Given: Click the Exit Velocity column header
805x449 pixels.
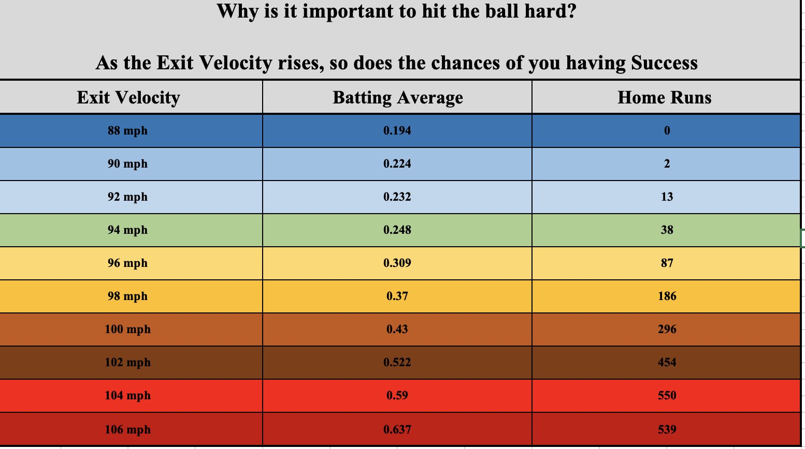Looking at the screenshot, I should tap(128, 97).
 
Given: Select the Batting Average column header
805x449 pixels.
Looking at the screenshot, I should tap(397, 97).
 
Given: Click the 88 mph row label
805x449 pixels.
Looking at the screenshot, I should tap(127, 131).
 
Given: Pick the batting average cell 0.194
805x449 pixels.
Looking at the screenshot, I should tap(397, 131).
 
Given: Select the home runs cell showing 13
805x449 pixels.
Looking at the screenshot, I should tap(667, 197).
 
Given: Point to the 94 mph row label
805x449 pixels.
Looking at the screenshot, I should tap(127, 230).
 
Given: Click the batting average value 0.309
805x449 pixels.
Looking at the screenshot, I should tap(397, 263).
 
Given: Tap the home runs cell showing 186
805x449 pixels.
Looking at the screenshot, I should tap(667, 296).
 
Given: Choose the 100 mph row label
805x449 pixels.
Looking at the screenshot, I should tap(127, 330).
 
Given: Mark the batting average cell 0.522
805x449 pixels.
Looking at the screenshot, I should tap(397, 363).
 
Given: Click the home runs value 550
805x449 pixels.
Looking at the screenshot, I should tap(667, 396).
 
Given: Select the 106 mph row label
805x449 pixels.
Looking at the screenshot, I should tap(127, 429).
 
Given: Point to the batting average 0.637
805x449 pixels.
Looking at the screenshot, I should tap(397, 429).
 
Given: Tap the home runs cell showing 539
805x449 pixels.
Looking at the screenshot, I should tap(667, 429).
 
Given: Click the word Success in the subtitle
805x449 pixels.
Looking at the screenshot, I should tap(664, 63).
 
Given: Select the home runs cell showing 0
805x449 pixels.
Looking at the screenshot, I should tap(667, 131).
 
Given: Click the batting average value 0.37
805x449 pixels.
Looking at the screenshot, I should tap(397, 296).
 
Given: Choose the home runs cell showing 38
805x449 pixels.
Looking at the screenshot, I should tap(667, 230).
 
